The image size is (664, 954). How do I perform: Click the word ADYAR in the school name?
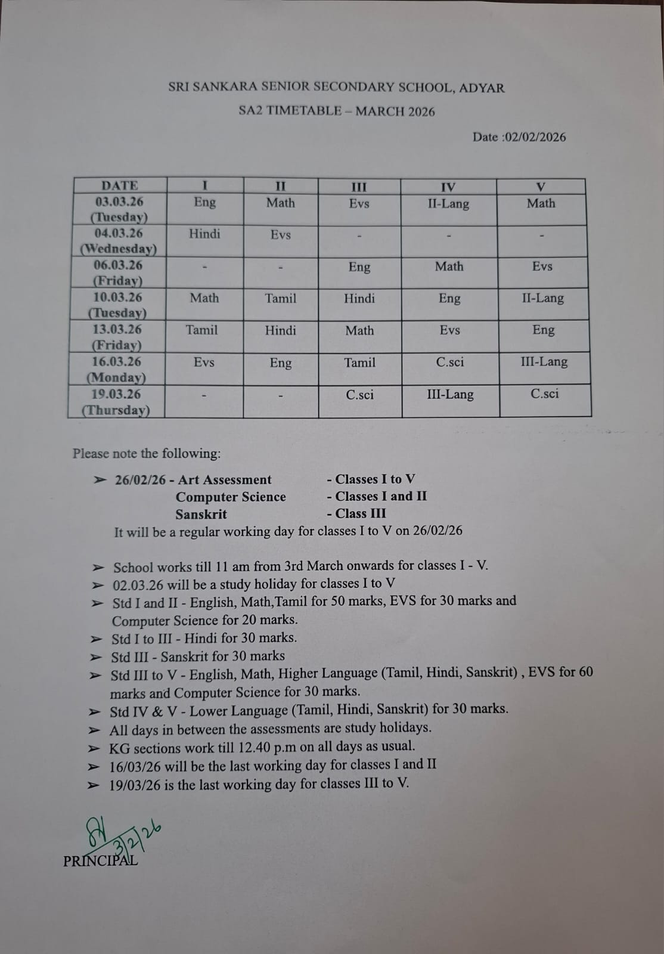point(482,88)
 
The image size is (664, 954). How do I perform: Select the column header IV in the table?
point(448,187)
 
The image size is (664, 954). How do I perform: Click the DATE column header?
point(120,185)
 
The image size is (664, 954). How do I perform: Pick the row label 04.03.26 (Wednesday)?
point(119,241)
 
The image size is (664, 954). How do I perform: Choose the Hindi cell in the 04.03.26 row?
point(204,234)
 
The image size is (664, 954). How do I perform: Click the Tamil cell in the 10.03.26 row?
point(280,298)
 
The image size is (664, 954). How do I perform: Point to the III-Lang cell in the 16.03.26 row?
point(544,362)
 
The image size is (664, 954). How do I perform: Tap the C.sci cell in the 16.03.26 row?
point(450,362)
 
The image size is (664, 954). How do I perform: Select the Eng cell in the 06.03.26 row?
point(359,267)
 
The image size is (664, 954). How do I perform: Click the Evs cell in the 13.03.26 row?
point(450,330)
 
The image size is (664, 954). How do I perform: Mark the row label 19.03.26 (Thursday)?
point(116,402)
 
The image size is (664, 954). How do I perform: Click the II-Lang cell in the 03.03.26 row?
point(448,204)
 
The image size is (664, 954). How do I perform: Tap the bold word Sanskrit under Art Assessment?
point(201,514)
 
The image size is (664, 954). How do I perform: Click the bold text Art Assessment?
point(225,480)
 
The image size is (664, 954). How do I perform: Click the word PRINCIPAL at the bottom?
point(100,861)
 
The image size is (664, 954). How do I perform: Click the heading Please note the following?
point(147,454)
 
